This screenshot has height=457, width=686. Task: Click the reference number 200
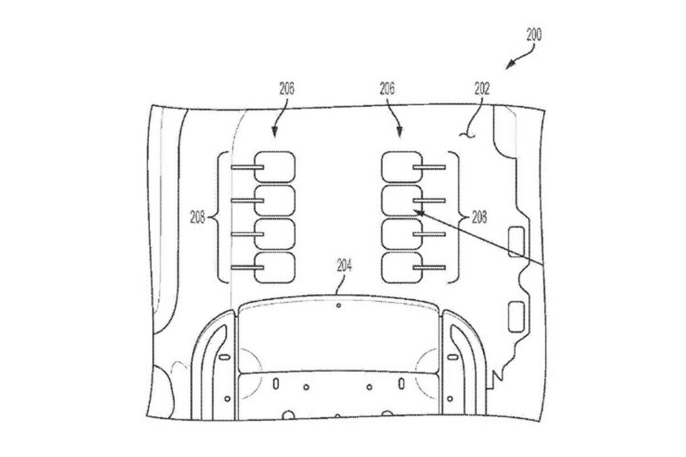[534, 35]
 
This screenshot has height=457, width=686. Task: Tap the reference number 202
[482, 89]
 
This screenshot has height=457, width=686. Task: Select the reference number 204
[345, 265]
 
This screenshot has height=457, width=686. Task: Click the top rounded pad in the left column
[275, 167]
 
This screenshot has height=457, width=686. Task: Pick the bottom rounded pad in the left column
[275, 267]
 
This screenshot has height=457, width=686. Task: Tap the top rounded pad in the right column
[402, 167]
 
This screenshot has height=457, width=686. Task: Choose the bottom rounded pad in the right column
[402, 267]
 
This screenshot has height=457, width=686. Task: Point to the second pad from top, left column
[275, 200]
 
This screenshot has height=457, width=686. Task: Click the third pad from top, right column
[402, 234]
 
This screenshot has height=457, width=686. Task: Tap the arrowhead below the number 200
[509, 65]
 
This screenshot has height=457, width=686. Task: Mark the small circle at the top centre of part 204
[338, 305]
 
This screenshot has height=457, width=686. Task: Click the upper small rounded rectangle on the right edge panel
[516, 241]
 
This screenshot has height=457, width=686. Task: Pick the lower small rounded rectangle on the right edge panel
[516, 317]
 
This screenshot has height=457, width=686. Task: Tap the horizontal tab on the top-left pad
[248, 167]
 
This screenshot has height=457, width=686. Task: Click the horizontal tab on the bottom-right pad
[429, 268]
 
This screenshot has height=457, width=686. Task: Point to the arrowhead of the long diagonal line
[418, 212]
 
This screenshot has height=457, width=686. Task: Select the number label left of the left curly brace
[198, 217]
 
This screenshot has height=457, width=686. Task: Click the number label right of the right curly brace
[479, 218]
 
